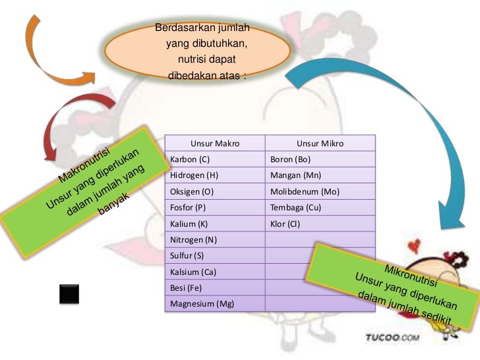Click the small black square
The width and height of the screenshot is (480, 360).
[69, 293]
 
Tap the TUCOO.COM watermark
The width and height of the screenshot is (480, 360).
[393, 339]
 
